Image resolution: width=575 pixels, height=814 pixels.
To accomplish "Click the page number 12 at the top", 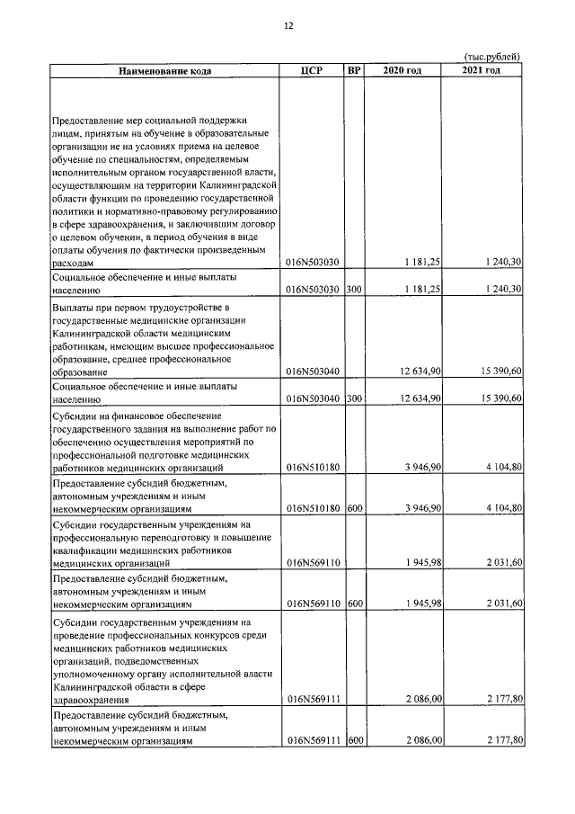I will [288, 26].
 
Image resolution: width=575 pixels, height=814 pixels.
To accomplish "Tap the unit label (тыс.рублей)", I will [492, 57].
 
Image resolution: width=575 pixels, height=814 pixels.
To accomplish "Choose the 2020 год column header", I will [402, 71].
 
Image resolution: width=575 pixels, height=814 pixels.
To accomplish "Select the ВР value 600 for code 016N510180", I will [354, 508].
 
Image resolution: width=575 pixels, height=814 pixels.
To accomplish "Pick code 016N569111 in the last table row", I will [313, 740].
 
